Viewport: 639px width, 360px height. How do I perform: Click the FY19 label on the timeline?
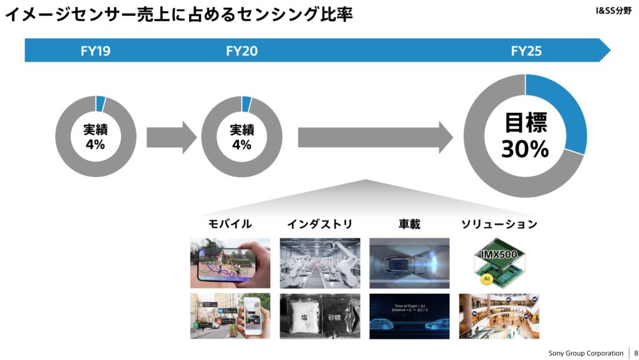click(95, 51)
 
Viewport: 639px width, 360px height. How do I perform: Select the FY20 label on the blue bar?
click(241, 51)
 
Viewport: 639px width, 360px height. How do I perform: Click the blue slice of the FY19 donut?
click(100, 104)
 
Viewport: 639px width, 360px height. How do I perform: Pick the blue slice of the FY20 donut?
click(246, 104)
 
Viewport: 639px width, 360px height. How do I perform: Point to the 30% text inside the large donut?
click(525, 149)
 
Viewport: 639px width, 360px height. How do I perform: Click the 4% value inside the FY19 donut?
click(95, 145)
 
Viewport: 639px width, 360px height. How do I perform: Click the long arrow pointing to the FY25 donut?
click(374, 137)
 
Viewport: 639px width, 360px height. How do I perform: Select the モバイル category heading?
click(230, 224)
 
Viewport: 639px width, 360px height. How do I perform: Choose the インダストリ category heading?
click(319, 224)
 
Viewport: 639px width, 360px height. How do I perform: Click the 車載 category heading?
click(409, 224)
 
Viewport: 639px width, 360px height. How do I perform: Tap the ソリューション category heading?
click(499, 224)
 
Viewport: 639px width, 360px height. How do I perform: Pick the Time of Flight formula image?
click(409, 316)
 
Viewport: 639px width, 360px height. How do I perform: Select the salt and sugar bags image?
click(319, 316)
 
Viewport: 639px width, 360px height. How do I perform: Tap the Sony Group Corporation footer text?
click(585, 353)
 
